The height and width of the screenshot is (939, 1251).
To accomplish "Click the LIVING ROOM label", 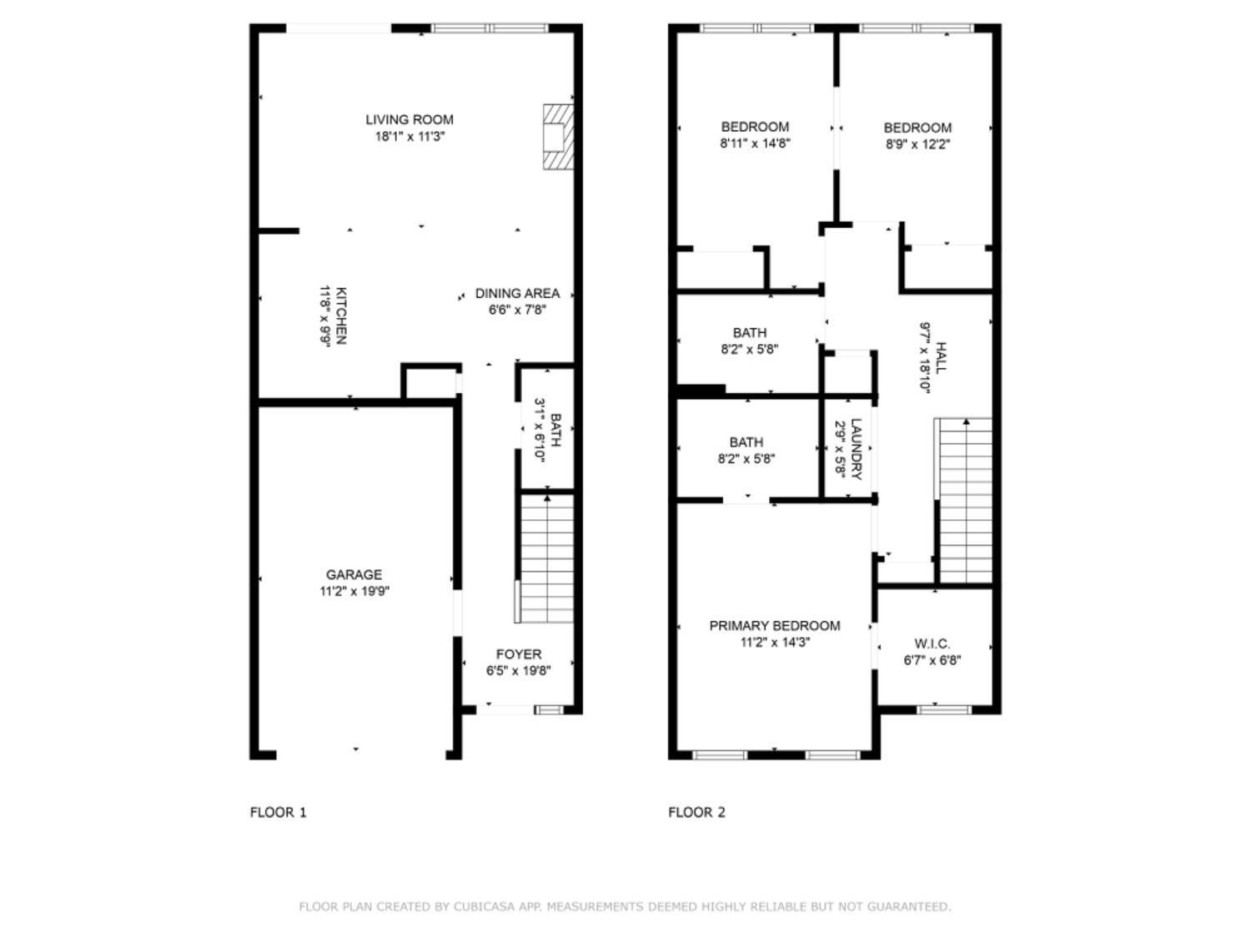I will (x=409, y=119).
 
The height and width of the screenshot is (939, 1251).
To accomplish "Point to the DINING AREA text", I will (x=517, y=293).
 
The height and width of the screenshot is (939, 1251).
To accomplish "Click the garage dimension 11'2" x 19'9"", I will (x=354, y=591).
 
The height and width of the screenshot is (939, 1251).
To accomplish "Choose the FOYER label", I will (x=518, y=654).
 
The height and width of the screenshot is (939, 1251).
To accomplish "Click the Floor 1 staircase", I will (x=546, y=559).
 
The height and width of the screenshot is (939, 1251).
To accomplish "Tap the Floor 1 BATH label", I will (x=555, y=430).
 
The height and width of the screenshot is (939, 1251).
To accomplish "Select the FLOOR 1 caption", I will (x=279, y=812).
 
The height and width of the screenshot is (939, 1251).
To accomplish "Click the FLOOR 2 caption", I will (x=696, y=812).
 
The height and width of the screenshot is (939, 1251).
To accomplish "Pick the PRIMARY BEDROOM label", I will (x=774, y=626).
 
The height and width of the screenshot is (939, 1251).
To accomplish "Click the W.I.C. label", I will (x=932, y=644).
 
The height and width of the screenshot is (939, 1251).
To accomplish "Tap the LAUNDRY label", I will (x=856, y=449).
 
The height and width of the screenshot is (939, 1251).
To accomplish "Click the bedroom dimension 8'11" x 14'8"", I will (x=755, y=143).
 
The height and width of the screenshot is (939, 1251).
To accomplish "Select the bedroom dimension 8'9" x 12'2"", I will (x=917, y=144).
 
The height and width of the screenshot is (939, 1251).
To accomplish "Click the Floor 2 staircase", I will (x=966, y=501).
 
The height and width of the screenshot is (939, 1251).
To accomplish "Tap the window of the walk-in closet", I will (x=944, y=709).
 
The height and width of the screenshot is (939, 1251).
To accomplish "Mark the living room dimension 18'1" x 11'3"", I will (x=409, y=136).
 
